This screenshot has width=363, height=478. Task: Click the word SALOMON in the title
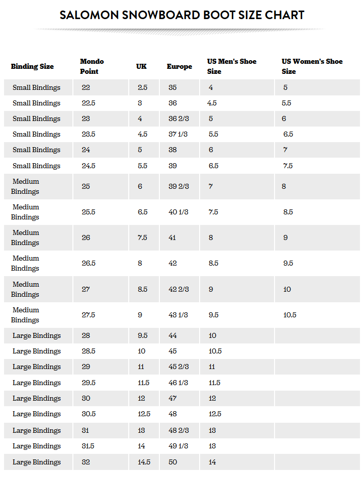[x=89, y=15]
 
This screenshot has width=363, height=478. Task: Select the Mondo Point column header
[x=92, y=66]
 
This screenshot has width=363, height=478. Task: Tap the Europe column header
[x=179, y=66]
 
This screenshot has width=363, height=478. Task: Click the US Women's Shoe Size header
[x=312, y=66]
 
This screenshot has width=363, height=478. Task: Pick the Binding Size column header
[x=32, y=66]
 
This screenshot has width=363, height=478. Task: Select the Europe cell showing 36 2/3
[x=178, y=118]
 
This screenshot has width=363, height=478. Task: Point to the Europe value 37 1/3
[x=178, y=134]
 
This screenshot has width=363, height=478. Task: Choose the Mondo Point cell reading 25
[x=86, y=186]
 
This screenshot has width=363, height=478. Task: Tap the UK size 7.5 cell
[x=142, y=237]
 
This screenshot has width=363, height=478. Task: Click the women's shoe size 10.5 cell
[x=290, y=315]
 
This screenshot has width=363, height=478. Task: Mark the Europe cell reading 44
[x=173, y=335]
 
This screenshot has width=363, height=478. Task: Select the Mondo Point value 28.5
[x=88, y=351]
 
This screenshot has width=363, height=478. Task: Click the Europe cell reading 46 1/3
[x=178, y=383]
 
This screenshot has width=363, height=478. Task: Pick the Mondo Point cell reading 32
[x=86, y=462]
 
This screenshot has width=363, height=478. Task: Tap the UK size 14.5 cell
[x=144, y=462]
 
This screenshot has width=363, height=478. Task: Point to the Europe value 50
[x=173, y=462]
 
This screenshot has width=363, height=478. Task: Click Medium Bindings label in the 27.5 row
[x=26, y=315]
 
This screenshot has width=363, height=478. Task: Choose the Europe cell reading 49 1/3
[x=178, y=446]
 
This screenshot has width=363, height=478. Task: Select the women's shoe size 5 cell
[x=285, y=87]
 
